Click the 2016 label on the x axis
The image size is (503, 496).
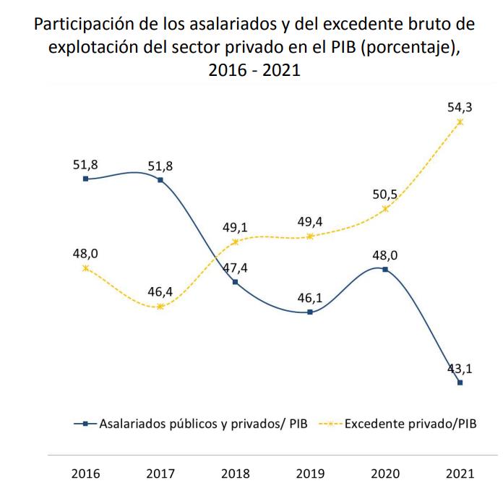(x=85, y=474)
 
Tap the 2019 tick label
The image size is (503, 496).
(x=310, y=474)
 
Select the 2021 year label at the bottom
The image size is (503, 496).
(x=460, y=474)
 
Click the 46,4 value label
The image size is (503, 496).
(x=160, y=291)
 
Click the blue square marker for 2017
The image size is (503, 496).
(x=160, y=179)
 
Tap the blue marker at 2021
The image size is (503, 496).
(x=460, y=382)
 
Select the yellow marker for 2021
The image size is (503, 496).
(x=460, y=121)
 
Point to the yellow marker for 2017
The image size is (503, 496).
(x=160, y=307)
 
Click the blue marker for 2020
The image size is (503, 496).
(x=385, y=270)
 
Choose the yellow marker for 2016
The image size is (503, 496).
(x=85, y=268)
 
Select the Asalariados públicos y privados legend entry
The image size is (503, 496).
(x=202, y=424)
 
